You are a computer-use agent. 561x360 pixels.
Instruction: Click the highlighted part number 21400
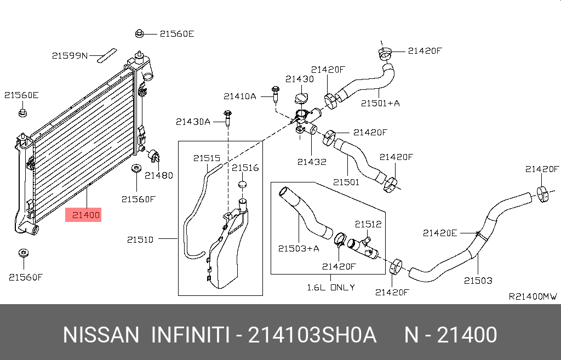pyautogui.click(x=86, y=215)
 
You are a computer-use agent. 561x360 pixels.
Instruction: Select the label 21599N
pyautogui.click(x=70, y=55)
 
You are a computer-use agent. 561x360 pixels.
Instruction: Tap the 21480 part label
pyautogui.click(x=158, y=175)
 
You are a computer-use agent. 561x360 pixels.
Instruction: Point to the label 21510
pyautogui.click(x=140, y=239)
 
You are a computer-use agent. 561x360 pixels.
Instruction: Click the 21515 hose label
pyautogui.click(x=207, y=158)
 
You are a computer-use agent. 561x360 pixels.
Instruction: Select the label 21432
pyautogui.click(x=312, y=162)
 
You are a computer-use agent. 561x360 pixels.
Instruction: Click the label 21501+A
pyautogui.click(x=380, y=102)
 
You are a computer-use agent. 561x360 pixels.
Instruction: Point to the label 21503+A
pyautogui.click(x=298, y=248)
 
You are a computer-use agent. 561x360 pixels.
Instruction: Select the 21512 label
pyautogui.click(x=368, y=224)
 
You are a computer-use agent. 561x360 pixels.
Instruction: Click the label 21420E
pyautogui.click(x=439, y=232)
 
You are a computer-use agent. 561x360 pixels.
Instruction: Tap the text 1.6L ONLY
pyautogui.click(x=330, y=287)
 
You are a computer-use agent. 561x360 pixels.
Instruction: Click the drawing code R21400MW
pyautogui.click(x=533, y=296)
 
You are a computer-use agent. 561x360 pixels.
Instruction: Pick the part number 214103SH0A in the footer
pyautogui.click(x=312, y=335)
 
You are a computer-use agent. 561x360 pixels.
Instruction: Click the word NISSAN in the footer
pyautogui.click(x=101, y=335)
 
